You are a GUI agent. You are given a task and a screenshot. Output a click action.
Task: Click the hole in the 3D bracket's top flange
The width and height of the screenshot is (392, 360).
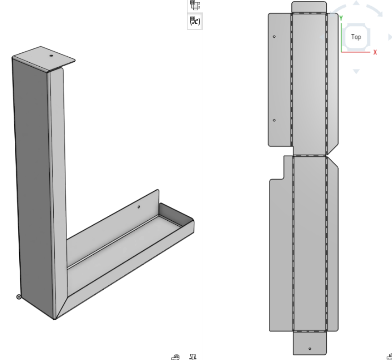tap(51, 56)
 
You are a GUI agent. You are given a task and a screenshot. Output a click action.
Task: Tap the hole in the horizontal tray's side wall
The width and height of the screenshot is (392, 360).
tap(139, 207)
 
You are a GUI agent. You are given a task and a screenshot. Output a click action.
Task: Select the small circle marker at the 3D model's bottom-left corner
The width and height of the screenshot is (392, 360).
tap(19, 296)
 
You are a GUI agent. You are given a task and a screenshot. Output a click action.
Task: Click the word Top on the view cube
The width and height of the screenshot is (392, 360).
tap(356, 37)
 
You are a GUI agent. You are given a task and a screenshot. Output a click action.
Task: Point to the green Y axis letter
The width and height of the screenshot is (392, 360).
tap(341, 18)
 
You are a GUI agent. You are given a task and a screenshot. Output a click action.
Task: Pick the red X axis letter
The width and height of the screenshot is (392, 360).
tap(375, 52)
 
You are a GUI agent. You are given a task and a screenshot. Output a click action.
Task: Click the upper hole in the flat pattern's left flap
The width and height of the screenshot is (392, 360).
tap(274, 36)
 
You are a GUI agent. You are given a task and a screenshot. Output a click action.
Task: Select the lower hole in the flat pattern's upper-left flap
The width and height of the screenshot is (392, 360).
tap(274, 120)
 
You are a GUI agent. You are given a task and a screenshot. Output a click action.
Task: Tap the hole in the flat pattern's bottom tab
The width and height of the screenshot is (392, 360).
tap(310, 348)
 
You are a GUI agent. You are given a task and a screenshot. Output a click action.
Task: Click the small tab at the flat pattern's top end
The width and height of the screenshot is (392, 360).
tap(309, 7)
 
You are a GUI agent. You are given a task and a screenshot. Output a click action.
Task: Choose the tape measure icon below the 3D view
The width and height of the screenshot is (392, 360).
tap(175, 356)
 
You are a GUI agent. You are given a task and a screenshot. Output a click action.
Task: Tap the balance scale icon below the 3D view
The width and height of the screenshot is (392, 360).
tap(193, 356)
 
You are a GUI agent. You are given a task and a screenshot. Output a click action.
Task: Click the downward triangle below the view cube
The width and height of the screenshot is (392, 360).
tap(356, 71)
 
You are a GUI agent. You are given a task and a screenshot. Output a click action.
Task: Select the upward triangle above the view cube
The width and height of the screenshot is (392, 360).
tap(356, 3)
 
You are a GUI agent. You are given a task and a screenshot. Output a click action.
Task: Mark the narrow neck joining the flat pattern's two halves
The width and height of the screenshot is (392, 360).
tap(309, 151)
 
